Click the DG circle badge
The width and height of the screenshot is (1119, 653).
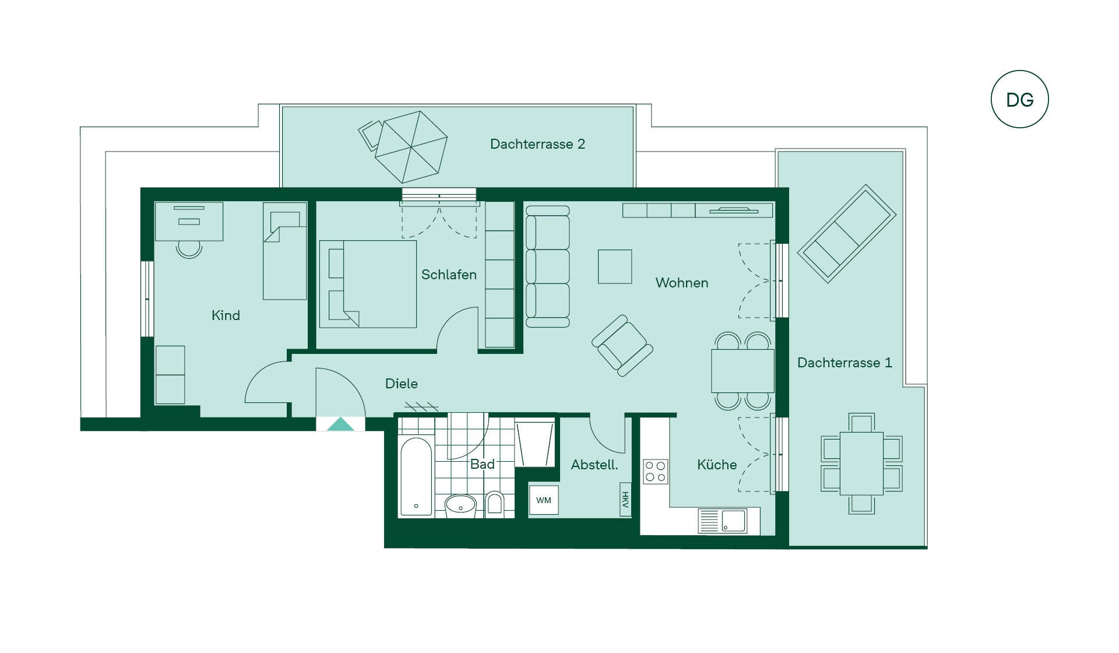(1019, 99)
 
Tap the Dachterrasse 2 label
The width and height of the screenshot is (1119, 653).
(537, 144)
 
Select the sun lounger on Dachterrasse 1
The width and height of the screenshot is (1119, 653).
(847, 234)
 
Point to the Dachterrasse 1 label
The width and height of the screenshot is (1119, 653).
(844, 363)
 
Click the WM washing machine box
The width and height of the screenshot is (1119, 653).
(544, 500)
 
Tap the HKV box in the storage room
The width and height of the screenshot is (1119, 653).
(625, 499)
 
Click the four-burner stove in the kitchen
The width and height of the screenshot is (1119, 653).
(656, 472)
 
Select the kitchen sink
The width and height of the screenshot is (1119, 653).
(723, 521)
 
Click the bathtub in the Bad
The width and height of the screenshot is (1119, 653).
(416, 476)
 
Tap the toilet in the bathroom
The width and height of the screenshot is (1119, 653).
(495, 503)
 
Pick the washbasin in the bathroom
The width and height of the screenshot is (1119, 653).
(460, 505)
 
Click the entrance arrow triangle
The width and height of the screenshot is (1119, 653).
(340, 424)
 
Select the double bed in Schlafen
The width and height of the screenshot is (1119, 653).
(368, 284)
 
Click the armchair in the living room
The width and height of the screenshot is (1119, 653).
(622, 345)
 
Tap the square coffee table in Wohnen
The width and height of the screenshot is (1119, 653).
(615, 266)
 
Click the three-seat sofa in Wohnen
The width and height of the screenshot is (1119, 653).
(548, 266)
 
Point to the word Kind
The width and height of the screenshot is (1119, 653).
(226, 315)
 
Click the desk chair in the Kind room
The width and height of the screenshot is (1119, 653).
(189, 249)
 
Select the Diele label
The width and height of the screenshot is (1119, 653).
(402, 384)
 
